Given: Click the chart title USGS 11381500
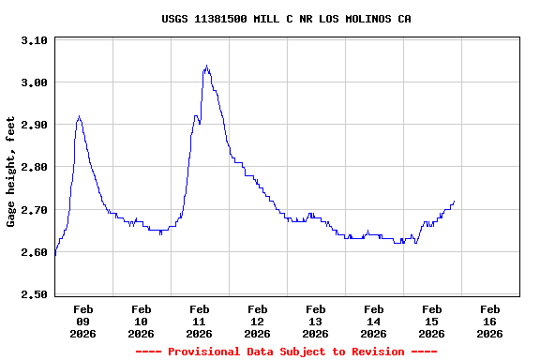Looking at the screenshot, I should (286, 19).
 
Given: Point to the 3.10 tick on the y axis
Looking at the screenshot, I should (34, 40).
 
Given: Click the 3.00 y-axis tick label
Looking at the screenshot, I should (34, 82).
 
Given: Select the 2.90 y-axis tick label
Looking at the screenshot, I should (34, 125).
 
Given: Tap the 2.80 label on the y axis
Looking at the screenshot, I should (34, 167).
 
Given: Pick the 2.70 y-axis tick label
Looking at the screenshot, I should (34, 210).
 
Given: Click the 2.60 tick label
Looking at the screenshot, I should (34, 252).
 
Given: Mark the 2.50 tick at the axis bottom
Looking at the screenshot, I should (34, 294).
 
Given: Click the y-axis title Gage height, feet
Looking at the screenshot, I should (11, 172).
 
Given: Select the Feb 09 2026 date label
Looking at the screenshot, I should (82, 321).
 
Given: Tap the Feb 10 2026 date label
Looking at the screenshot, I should (141, 321).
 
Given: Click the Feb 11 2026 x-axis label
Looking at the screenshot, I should (199, 321).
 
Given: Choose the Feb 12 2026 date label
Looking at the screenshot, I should (257, 321).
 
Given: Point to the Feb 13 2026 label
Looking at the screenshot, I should (315, 321).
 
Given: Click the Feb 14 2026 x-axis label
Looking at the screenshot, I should (373, 321).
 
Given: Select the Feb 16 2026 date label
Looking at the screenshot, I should (489, 321).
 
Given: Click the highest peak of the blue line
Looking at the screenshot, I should (206, 66).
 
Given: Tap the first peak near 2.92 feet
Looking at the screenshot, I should (79, 116).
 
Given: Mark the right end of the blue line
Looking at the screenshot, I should (454, 201).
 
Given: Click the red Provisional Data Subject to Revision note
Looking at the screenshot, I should (286, 352).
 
